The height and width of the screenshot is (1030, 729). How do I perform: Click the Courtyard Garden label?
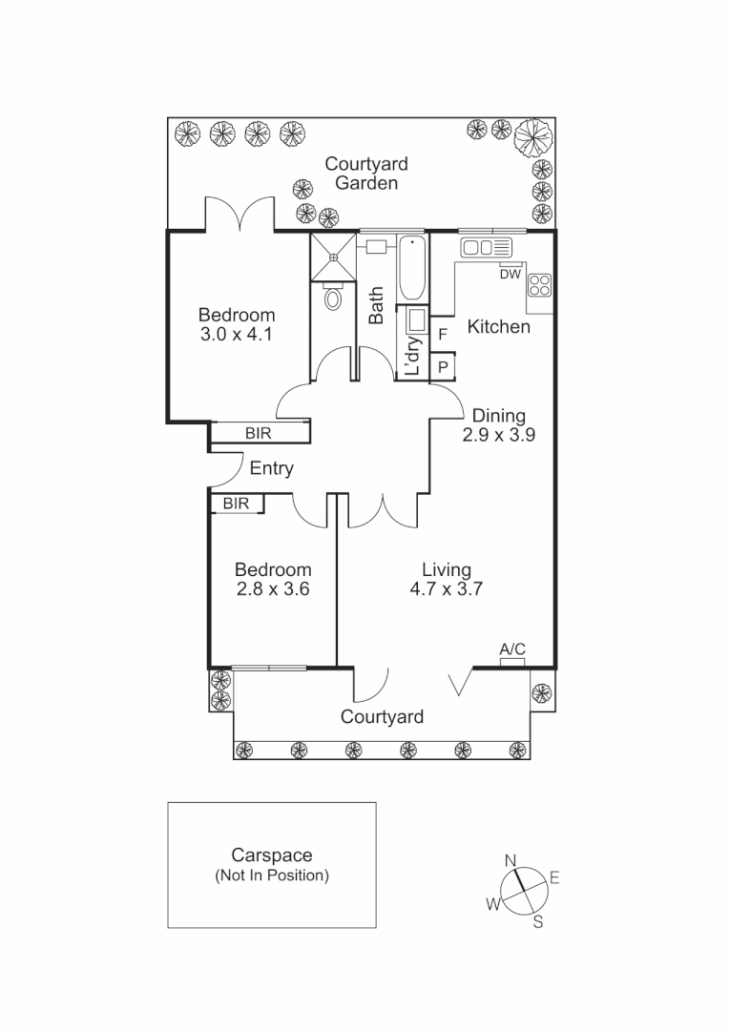(x=365, y=174)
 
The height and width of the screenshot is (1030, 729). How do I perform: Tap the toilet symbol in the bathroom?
(x=333, y=298)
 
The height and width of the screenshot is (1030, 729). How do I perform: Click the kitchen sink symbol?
(x=487, y=249)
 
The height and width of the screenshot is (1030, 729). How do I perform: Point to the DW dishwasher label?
(x=510, y=275)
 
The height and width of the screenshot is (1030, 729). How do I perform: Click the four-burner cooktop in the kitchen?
(x=539, y=285)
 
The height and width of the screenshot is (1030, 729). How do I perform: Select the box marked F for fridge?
(x=442, y=335)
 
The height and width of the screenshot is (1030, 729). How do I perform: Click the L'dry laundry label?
(x=413, y=358)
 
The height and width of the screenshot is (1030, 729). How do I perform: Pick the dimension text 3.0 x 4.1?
(x=237, y=335)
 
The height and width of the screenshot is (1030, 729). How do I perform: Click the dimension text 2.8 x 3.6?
(x=273, y=589)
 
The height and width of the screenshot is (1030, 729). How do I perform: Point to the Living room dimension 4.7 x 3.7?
(x=447, y=589)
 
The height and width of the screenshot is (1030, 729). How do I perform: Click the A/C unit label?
(x=512, y=649)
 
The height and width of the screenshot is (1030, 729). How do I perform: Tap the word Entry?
(x=271, y=469)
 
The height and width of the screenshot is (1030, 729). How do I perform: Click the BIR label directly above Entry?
(x=259, y=434)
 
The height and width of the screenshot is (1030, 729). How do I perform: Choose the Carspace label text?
(x=272, y=856)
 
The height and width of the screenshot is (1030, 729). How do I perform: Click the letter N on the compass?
(x=510, y=860)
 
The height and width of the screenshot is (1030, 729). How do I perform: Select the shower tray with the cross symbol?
(x=333, y=254)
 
